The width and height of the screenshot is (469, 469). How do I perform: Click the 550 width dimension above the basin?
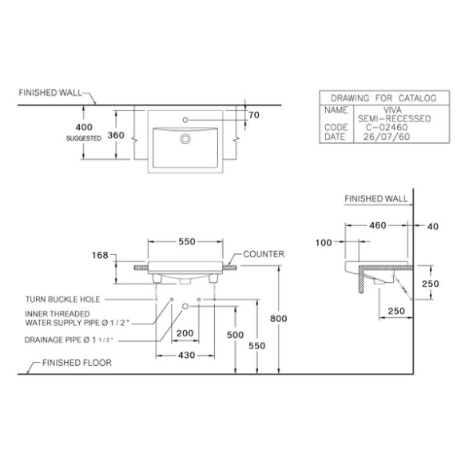187,241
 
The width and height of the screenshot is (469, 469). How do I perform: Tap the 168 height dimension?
100,255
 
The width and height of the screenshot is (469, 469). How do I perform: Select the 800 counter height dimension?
279,319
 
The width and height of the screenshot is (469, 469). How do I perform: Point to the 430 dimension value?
186,355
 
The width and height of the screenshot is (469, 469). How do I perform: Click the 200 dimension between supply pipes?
185,333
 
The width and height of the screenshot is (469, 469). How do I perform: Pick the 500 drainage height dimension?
235,335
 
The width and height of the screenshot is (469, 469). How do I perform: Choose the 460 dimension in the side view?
378,225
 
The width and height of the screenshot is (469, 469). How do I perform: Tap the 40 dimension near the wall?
433,226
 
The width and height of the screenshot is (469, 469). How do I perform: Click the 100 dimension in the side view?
324,242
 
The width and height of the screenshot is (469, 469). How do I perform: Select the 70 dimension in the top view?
254,115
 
